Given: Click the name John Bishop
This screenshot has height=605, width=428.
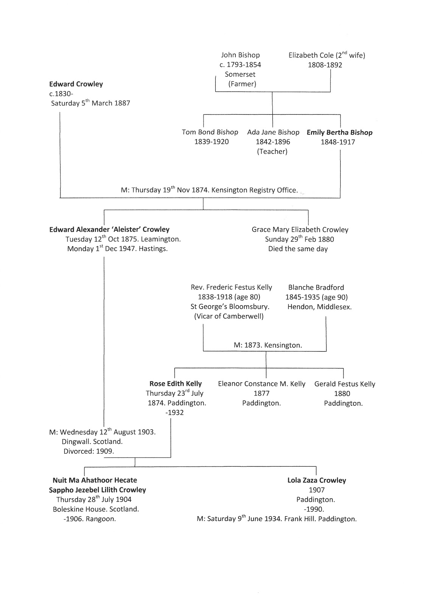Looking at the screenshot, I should [x=240, y=55].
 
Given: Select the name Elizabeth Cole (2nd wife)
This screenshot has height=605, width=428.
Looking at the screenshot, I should [x=327, y=55].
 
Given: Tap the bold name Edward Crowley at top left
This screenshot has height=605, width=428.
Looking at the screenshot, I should [x=76, y=84].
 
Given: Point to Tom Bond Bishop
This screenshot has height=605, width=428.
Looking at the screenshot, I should [x=210, y=132].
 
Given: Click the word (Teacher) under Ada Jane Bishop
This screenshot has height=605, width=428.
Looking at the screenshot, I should [x=272, y=152].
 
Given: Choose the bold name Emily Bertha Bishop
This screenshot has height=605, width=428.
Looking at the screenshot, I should [x=339, y=132].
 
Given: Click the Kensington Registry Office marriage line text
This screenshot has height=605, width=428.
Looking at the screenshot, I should [x=209, y=190].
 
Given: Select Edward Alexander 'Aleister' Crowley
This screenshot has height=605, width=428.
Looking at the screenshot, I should [x=109, y=230].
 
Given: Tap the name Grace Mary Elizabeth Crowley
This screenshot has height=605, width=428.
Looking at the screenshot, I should [x=300, y=230].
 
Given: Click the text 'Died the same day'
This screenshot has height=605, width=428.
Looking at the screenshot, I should [x=298, y=249].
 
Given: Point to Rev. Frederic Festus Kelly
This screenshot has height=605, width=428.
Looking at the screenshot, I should [x=231, y=287].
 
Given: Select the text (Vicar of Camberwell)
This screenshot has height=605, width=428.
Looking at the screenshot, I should [x=229, y=316].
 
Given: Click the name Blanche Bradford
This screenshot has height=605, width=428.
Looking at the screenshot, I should [x=316, y=287].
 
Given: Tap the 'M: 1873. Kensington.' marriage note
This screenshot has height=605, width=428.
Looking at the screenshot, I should [x=268, y=345].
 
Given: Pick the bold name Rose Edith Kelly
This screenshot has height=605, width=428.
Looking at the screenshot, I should [x=176, y=384].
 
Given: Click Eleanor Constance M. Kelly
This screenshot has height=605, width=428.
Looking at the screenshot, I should [x=261, y=384].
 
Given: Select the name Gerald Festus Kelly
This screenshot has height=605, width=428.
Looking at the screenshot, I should [x=345, y=384].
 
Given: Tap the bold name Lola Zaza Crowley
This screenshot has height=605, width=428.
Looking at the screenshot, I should [x=317, y=480].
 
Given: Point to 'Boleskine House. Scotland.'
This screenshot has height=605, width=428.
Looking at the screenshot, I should [x=96, y=509].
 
